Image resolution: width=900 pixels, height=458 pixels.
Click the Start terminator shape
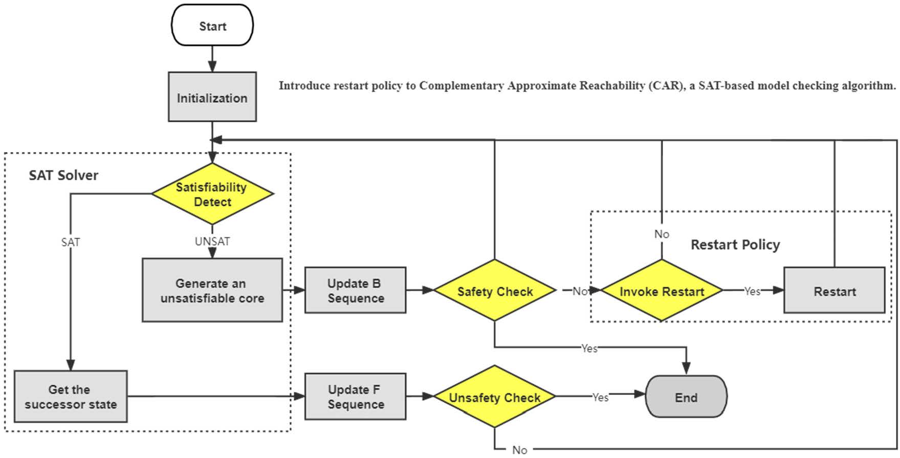212,26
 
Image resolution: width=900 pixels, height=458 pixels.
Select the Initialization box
212,97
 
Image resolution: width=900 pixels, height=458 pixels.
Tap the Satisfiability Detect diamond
212,194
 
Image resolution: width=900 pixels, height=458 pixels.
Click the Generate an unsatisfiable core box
212,290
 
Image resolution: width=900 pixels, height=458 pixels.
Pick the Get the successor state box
70,397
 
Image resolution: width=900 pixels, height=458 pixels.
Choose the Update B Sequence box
355,290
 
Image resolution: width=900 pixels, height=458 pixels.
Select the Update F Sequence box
355,397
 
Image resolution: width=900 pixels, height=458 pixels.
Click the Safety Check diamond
494,291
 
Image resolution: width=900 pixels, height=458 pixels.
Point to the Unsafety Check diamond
494,397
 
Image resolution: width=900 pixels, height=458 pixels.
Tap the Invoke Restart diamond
661,291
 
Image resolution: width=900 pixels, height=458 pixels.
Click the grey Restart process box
834,291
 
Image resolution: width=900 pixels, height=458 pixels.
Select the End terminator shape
686,397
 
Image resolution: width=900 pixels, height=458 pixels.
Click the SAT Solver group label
63,176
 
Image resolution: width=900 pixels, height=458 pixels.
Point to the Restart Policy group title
735,245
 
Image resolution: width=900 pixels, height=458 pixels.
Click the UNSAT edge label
212,242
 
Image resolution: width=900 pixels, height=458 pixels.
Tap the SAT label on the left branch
70,242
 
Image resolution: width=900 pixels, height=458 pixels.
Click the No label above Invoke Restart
661,234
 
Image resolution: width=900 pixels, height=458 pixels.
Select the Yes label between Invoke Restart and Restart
752,291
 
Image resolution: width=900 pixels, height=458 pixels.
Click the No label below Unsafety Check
519,450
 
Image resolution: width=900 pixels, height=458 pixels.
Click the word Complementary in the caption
462,85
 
